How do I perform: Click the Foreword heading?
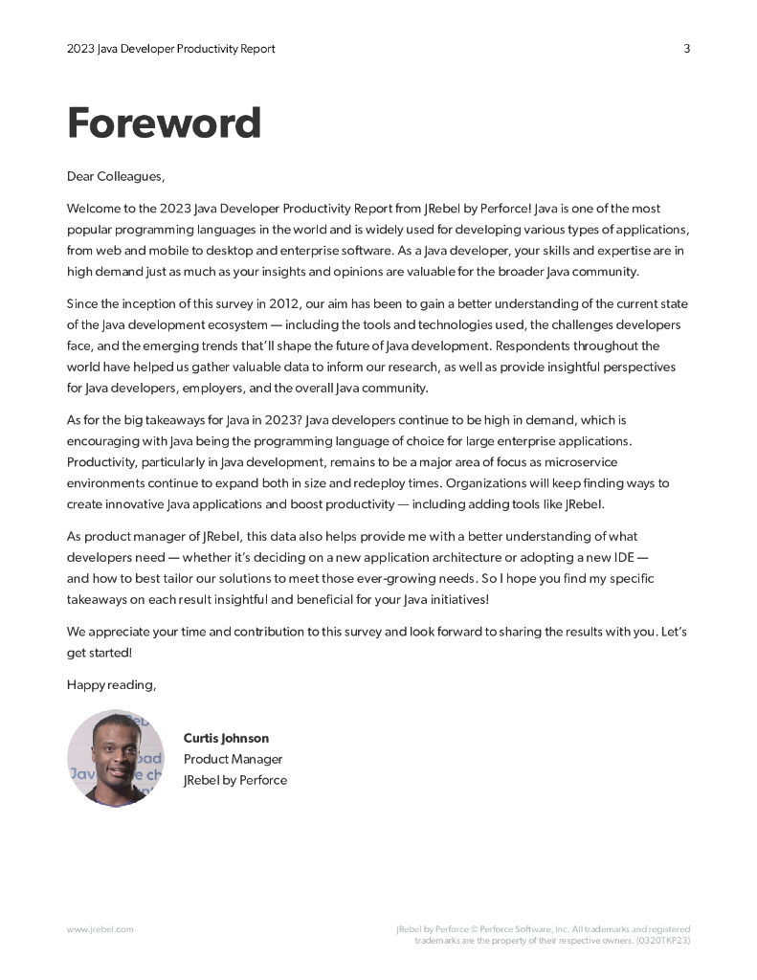click(x=164, y=123)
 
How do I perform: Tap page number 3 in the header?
click(x=686, y=49)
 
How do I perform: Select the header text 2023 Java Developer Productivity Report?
click(x=171, y=49)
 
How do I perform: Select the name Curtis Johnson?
click(x=226, y=739)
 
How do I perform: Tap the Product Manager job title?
click(x=233, y=759)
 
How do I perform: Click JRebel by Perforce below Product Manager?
click(x=234, y=780)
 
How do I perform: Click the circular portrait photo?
click(x=116, y=758)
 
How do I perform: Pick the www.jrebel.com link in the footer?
click(x=100, y=929)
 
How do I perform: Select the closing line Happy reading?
click(x=111, y=684)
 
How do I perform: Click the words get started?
click(x=100, y=652)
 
